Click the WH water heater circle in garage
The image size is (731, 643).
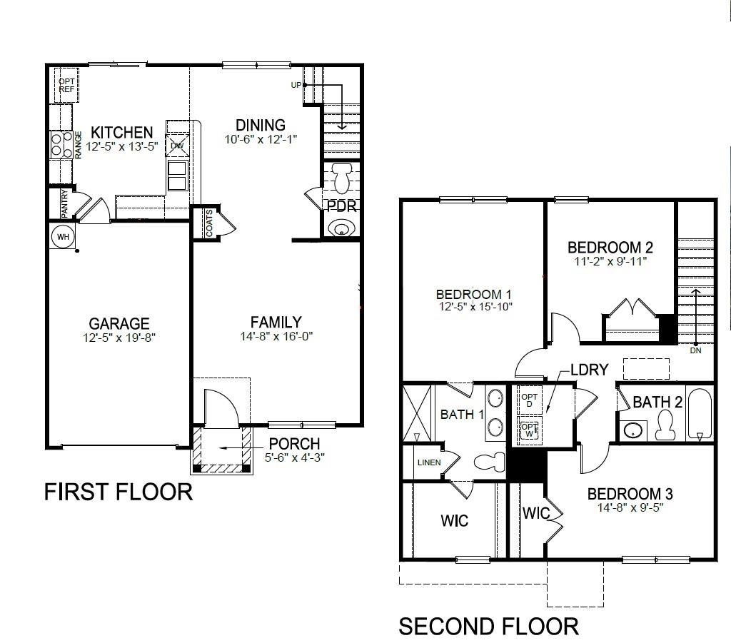[x=63, y=236]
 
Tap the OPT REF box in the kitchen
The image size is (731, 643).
[x=66, y=86]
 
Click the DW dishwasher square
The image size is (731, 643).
[x=176, y=145]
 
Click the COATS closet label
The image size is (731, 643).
[x=209, y=223]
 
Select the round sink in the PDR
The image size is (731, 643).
[x=341, y=228]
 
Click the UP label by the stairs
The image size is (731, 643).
[x=296, y=85]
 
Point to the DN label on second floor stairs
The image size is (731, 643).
[x=695, y=351]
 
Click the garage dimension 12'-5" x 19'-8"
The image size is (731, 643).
[x=119, y=338]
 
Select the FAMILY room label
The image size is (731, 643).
[x=276, y=323]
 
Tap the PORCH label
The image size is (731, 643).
[x=294, y=444]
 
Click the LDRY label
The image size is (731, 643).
[x=589, y=370]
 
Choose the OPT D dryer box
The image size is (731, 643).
[x=529, y=400]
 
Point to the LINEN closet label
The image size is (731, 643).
[x=428, y=462]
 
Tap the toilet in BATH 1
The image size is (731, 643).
[x=488, y=462]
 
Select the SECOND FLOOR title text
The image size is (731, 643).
[x=488, y=627]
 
